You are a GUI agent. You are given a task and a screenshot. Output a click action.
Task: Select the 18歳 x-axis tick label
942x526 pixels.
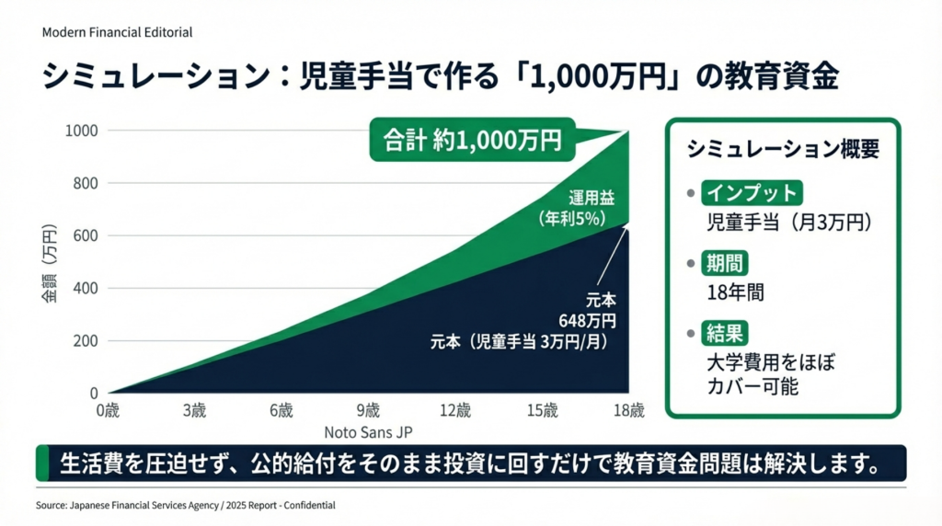[629, 409]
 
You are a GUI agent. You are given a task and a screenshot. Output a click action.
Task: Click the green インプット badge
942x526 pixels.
[750, 193]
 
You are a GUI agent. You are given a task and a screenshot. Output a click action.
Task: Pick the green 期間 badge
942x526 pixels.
[725, 262]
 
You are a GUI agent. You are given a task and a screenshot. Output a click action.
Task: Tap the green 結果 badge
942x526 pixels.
[725, 331]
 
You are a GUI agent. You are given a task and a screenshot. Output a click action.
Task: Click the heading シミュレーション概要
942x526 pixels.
[783, 149]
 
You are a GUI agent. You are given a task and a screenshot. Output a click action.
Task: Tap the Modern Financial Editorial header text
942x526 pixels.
[117, 32]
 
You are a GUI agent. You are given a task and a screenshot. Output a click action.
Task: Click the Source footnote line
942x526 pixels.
[185, 506]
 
